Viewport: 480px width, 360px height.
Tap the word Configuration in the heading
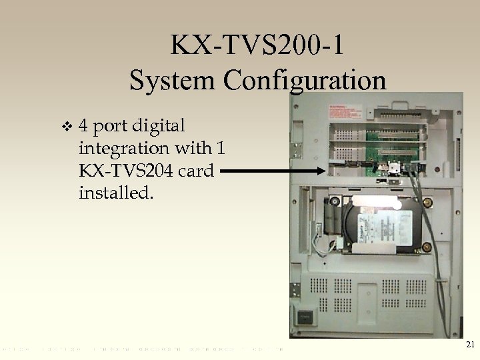tap(305, 81)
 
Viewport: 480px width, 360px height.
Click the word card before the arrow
tap(197, 171)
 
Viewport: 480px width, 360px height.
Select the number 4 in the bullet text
tap(85, 126)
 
